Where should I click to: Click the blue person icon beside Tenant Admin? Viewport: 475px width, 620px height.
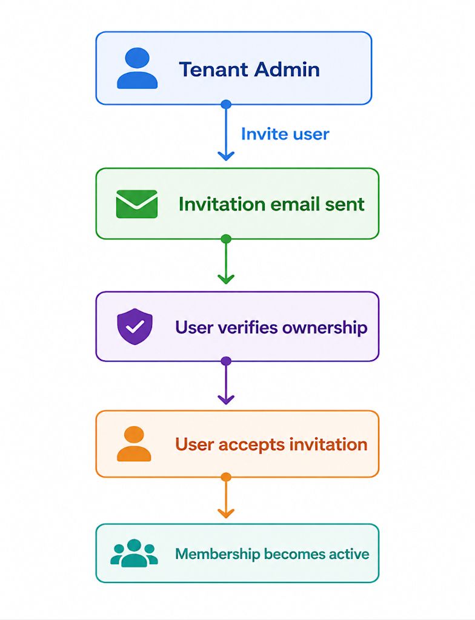tap(137, 68)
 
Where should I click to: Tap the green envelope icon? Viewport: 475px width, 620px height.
tap(136, 204)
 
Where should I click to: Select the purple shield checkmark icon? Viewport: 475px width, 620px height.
tap(135, 326)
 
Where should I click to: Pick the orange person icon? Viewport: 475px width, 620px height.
tap(134, 444)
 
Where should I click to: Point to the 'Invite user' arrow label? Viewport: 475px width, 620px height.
tap(285, 134)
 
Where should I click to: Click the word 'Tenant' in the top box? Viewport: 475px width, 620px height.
tap(213, 70)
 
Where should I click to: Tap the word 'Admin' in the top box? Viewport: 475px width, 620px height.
tap(287, 70)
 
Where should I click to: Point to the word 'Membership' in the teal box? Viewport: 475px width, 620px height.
tap(217, 554)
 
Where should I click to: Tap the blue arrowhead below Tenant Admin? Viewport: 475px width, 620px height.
tap(226, 156)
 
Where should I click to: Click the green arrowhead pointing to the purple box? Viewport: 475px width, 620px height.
tap(226, 279)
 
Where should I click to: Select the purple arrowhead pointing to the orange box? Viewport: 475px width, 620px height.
tap(226, 400)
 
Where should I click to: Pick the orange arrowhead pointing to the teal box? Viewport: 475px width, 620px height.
tap(226, 513)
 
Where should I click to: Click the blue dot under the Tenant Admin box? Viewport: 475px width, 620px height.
tap(226, 104)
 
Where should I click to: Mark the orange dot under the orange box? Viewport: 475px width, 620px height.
tap(226, 477)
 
